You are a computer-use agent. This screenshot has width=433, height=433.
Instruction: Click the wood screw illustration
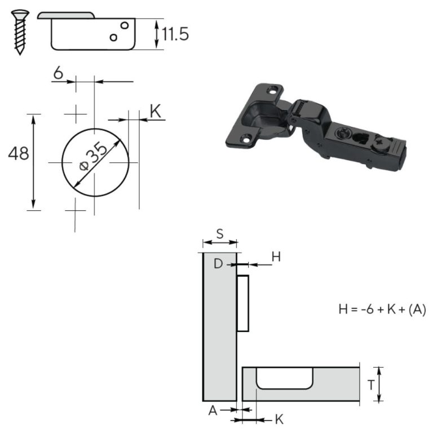20,32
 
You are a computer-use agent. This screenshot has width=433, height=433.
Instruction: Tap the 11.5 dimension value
175,34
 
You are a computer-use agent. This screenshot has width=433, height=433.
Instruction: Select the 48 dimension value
19,153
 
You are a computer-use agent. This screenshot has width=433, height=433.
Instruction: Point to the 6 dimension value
58,73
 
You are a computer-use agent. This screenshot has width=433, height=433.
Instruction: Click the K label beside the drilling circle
155,111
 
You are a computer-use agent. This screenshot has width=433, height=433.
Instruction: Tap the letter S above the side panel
220,234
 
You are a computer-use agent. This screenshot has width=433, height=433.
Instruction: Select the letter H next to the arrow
276,257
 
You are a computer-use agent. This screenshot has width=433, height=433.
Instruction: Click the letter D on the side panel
218,264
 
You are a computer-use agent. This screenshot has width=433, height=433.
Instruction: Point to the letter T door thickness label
371,385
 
